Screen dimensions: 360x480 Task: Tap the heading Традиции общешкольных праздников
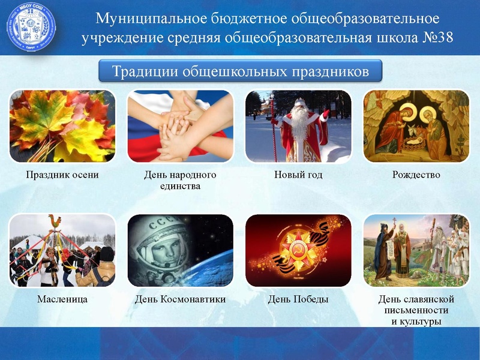coord(241,71)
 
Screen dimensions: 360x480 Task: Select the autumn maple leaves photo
coord(62,126)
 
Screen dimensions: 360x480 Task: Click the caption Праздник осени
coord(62,175)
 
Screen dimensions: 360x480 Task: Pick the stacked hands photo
coord(180,126)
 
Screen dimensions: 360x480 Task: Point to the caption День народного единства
coord(180,181)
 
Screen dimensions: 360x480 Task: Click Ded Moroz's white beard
coord(298,123)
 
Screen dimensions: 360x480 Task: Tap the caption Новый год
coord(298,175)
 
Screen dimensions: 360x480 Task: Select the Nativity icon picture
coord(416,126)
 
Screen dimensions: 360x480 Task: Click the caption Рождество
coord(416,175)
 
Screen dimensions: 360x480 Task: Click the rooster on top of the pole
coord(55,221)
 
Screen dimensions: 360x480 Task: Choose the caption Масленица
coord(62,299)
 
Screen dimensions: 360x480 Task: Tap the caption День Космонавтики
coord(180,299)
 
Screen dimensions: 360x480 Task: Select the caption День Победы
coord(298,299)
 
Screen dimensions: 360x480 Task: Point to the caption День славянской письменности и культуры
coord(416,310)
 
